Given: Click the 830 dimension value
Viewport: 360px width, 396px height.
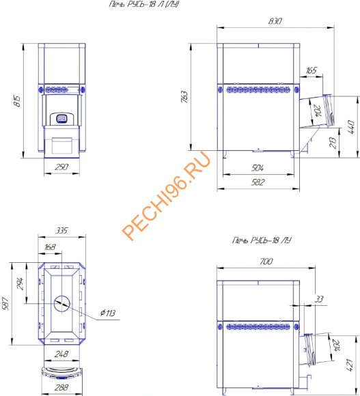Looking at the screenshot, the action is coord(275,21).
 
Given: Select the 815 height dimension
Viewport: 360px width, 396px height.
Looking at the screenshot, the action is coord(18,101).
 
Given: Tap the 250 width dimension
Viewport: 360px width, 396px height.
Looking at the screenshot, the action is coord(61,167).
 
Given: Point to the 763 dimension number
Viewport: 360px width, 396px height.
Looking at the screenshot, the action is coord(184,97).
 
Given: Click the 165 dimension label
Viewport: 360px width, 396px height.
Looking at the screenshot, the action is coord(311,70).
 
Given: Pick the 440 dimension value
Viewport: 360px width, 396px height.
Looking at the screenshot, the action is coord(350,127).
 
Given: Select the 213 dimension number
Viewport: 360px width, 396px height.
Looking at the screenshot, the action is coord(333,143).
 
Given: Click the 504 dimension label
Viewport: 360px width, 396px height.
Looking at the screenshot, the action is coord(258,168).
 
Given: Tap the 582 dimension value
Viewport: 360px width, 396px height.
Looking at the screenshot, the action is coord(258,182).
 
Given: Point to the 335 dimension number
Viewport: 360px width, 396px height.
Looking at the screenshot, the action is coord(61,230).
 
